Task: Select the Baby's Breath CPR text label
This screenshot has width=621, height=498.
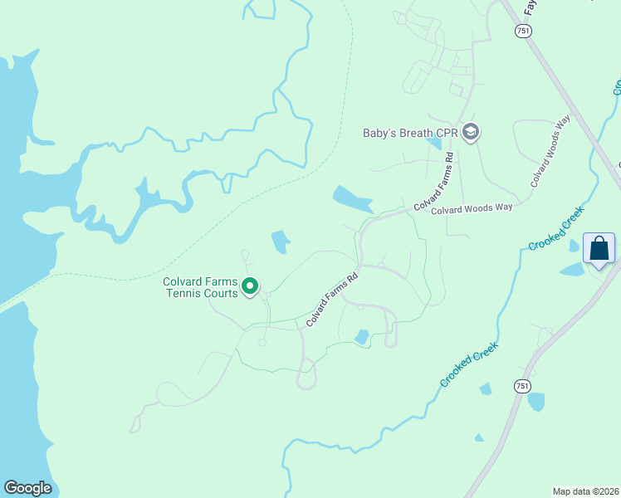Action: [411, 133]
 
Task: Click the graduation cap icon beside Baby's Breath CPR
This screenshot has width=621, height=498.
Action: [471, 131]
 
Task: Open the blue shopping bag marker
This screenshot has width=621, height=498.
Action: [599, 249]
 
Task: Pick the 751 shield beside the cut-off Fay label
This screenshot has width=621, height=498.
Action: [522, 30]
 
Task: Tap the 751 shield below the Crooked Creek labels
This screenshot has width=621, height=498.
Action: [521, 386]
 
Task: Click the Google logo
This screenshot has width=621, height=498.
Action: [28, 488]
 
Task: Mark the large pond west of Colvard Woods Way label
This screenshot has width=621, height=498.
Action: [352, 199]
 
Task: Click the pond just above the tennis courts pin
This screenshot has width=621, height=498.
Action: [280, 242]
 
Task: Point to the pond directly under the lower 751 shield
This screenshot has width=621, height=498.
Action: [536, 403]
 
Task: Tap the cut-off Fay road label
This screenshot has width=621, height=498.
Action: [531, 7]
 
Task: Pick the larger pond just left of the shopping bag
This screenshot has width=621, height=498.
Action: [572, 269]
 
